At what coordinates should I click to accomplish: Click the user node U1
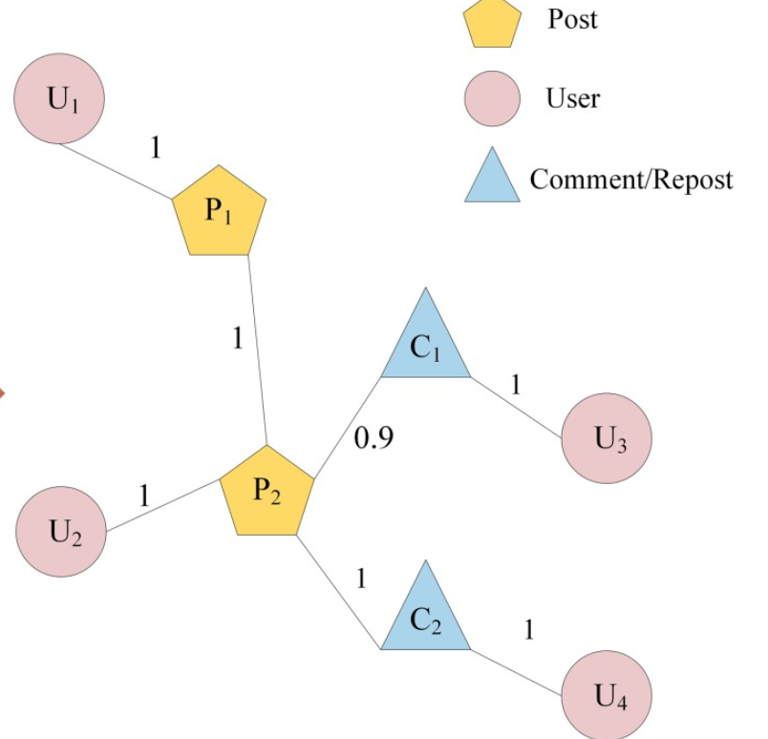point(59,98)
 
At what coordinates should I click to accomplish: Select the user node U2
point(62,531)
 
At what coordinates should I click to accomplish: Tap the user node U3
point(607,438)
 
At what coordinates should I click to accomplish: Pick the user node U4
point(607,694)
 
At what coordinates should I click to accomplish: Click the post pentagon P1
point(219,211)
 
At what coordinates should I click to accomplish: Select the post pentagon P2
point(267,491)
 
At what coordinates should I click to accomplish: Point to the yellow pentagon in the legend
point(492,22)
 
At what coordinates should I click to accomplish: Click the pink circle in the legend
point(492,99)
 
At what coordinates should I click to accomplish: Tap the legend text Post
point(572,18)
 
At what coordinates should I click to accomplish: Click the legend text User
point(573,97)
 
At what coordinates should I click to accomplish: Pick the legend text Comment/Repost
point(631,179)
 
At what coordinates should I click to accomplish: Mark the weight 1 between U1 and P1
point(156,148)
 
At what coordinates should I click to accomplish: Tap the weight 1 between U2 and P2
point(144,496)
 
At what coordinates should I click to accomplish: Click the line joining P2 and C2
point(338,592)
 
